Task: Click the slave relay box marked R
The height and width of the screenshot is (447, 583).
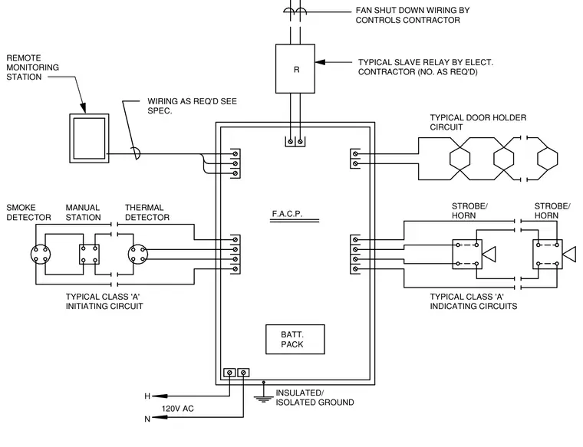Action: (295, 69)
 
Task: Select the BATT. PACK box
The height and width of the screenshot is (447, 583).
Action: (295, 339)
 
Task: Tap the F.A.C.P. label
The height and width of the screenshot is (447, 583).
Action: (287, 214)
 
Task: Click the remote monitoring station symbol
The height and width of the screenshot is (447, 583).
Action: (89, 138)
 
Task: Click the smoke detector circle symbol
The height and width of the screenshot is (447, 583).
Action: (41, 254)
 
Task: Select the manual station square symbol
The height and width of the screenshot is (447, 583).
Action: (89, 254)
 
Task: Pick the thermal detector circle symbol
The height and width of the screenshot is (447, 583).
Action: (138, 254)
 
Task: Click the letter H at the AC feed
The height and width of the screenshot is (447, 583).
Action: (147, 396)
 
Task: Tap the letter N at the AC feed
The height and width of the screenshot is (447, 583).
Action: (147, 419)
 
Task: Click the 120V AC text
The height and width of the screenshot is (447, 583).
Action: (178, 409)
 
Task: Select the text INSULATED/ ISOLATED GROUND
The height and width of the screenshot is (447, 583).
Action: (315, 398)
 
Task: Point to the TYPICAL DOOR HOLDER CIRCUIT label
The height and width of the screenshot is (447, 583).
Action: (478, 122)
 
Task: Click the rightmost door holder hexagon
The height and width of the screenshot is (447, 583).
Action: (548, 159)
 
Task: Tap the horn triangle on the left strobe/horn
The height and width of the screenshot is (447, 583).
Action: (489, 254)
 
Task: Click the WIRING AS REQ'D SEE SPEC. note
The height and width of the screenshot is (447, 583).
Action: (192, 106)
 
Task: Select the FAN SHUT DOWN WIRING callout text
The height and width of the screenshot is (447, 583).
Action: (413, 15)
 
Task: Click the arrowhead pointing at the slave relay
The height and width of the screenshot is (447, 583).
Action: (320, 62)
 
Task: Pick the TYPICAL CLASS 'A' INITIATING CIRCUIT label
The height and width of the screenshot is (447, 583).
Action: (104, 301)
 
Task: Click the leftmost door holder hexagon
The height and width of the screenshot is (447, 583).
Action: (460, 159)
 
